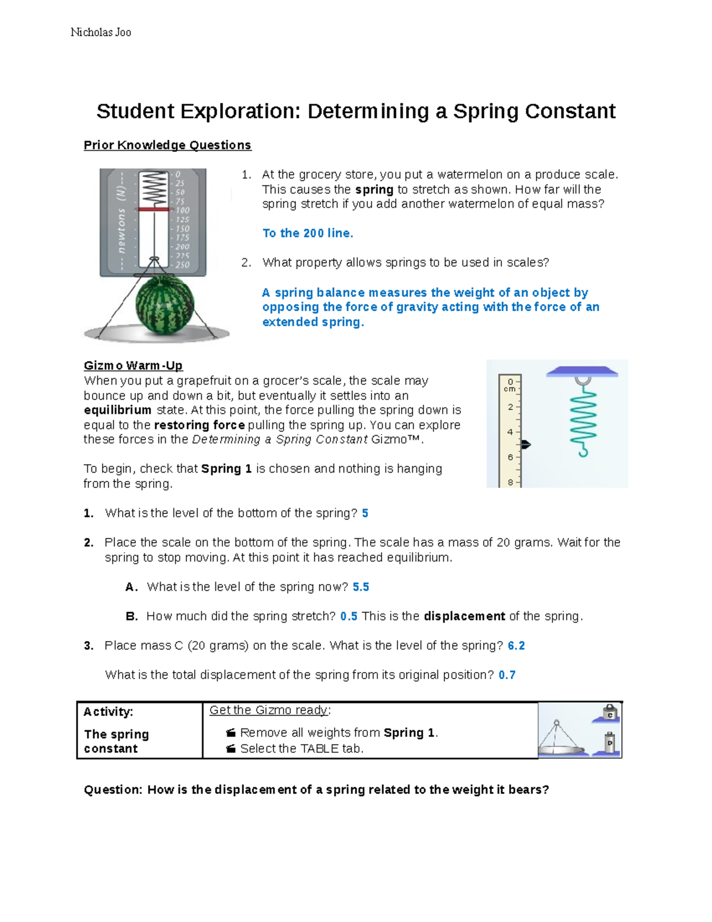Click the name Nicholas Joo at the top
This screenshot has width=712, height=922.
tap(101, 32)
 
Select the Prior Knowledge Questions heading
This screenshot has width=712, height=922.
tap(167, 145)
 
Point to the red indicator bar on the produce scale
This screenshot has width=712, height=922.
tap(154, 210)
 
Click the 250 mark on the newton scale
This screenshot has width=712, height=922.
tap(182, 265)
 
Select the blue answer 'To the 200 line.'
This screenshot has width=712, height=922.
tap(307, 233)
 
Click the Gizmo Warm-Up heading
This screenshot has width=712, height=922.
tap(133, 365)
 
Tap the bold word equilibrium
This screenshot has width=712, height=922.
tap(117, 410)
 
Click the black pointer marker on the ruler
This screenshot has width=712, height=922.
tap(525, 444)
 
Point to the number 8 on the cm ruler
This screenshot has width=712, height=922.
tap(510, 482)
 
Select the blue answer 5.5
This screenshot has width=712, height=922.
tap(361, 587)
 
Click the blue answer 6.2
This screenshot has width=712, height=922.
tap(516, 645)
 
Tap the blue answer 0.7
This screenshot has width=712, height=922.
tap(507, 675)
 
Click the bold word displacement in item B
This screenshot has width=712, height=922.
tap(464, 616)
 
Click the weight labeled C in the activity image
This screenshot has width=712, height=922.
tap(609, 713)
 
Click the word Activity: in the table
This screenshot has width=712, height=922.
tap(108, 712)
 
